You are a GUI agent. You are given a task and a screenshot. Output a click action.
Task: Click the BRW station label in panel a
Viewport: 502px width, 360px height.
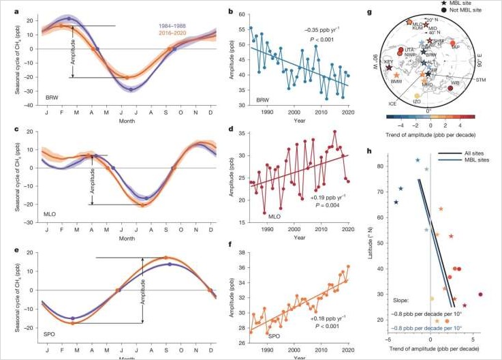pyautogui.click(x=52, y=97)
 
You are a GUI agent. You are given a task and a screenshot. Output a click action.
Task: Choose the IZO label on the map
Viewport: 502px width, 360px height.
pyautogui.click(x=418, y=102)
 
